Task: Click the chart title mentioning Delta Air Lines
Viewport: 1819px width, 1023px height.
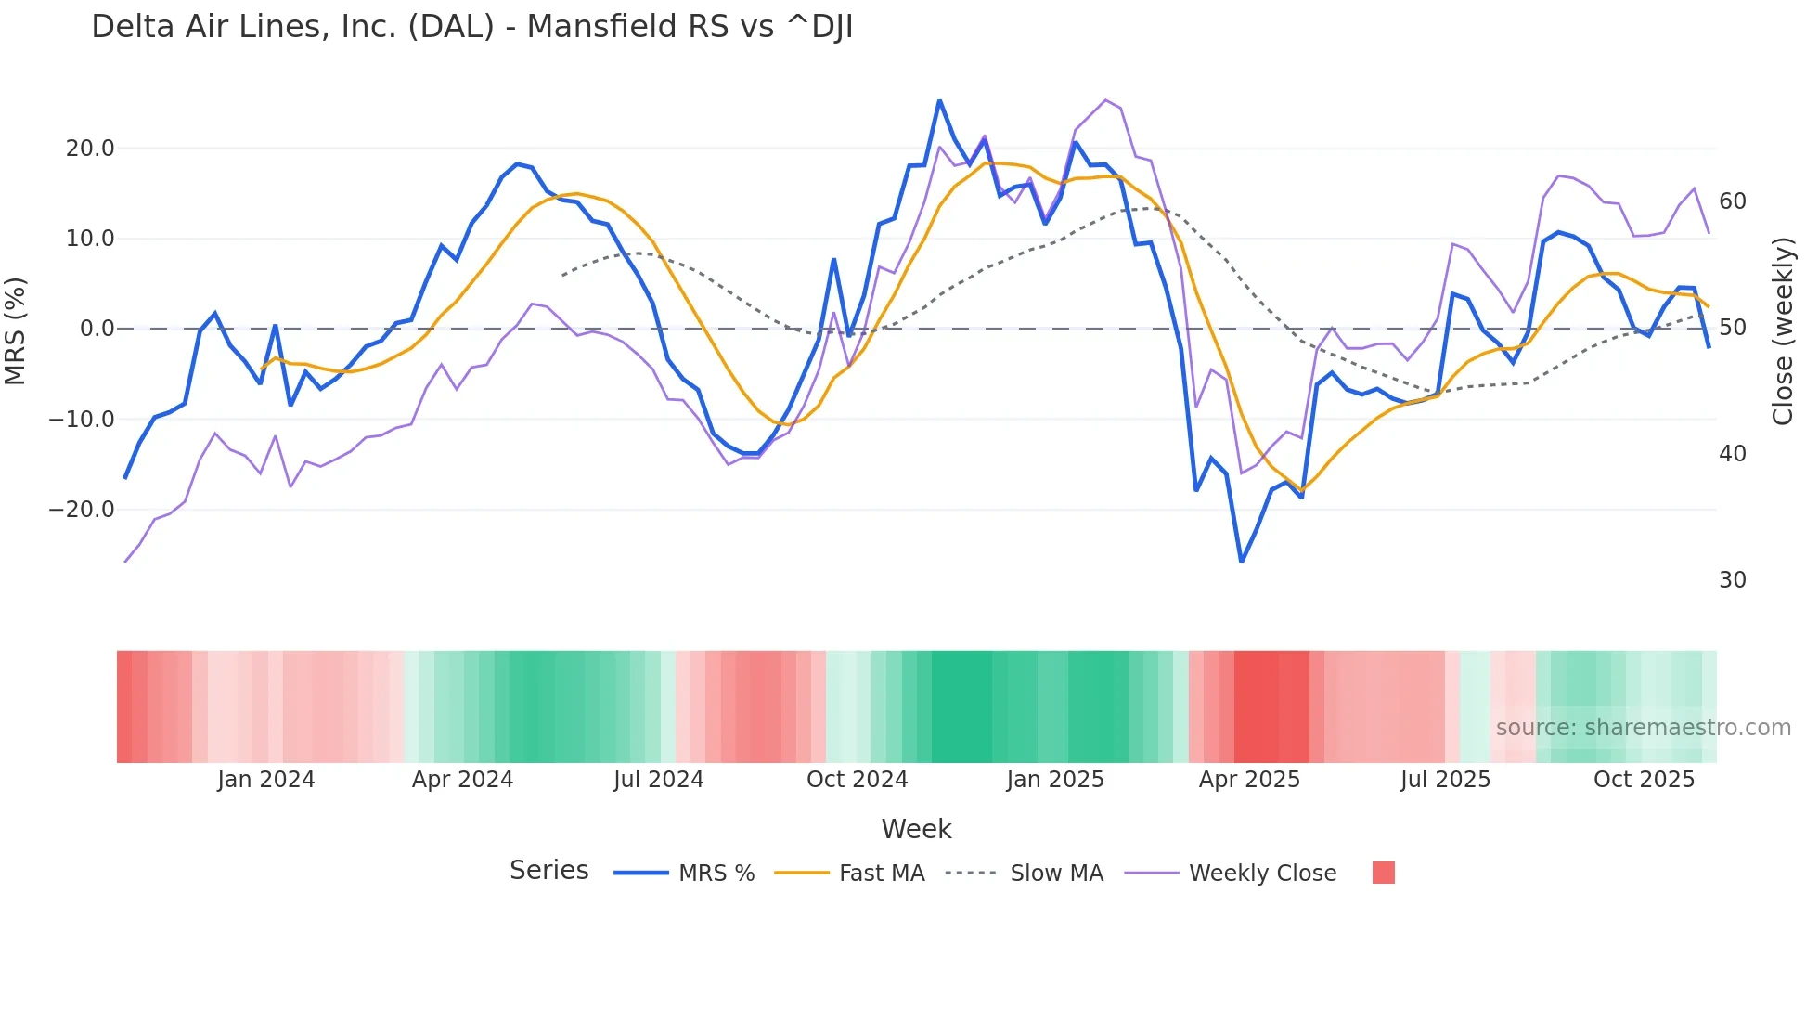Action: [x=471, y=27]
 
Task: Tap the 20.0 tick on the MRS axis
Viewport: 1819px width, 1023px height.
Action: [x=90, y=149]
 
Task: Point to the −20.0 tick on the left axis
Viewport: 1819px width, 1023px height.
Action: [x=82, y=510]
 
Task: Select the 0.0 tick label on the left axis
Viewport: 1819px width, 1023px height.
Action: [x=97, y=329]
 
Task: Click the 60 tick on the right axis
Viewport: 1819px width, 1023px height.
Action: [x=1732, y=201]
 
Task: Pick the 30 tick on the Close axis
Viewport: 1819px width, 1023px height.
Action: [x=1732, y=580]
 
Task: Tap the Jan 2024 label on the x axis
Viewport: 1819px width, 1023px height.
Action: [x=266, y=780]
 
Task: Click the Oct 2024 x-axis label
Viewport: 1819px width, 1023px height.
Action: [x=857, y=780]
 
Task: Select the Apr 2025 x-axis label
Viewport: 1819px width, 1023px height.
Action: [x=1249, y=780]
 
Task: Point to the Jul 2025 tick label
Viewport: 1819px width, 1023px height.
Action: [x=1445, y=780]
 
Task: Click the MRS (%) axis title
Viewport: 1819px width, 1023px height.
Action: [x=16, y=330]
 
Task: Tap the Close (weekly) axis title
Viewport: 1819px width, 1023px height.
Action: [x=1782, y=331]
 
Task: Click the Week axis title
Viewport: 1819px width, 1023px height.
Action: [x=916, y=829]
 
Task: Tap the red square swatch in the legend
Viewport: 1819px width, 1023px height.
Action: [x=1383, y=873]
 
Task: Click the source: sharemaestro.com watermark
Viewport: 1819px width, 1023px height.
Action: [x=1643, y=728]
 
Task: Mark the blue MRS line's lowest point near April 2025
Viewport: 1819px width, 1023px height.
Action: [x=1242, y=561]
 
